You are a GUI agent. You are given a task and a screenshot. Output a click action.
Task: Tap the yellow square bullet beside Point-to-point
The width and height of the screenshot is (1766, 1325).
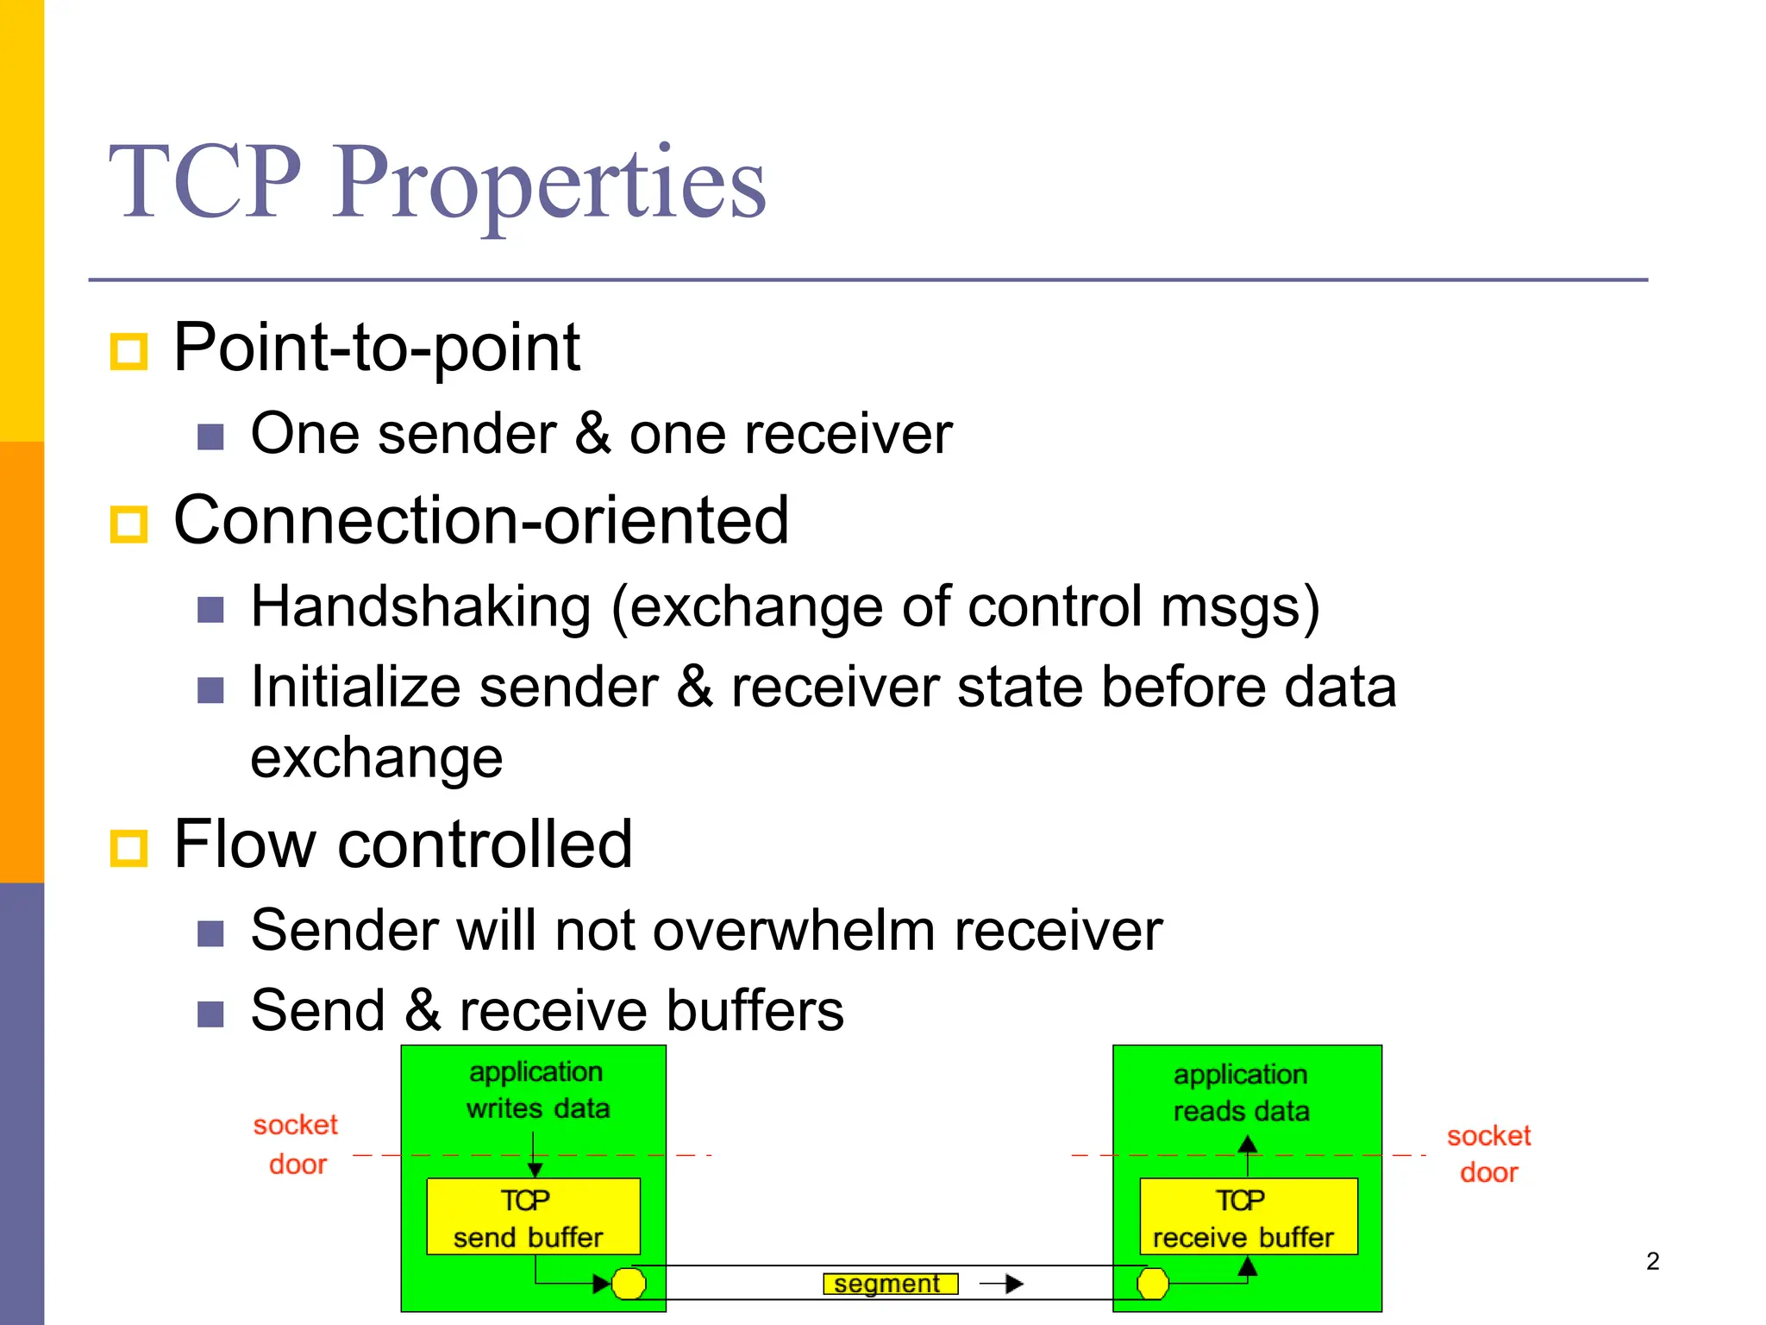click(x=129, y=351)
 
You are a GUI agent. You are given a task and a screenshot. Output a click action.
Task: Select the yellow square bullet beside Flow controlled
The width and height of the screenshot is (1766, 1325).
click(x=129, y=847)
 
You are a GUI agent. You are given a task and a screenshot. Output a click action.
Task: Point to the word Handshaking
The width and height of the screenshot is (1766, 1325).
click(x=421, y=607)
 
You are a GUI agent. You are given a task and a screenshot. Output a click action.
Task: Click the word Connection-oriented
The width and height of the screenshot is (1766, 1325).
click(x=481, y=521)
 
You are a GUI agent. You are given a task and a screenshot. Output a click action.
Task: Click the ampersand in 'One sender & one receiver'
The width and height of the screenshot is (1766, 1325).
click(x=592, y=434)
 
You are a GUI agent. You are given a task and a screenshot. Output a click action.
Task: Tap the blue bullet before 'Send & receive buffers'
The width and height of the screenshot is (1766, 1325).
click(x=210, y=1014)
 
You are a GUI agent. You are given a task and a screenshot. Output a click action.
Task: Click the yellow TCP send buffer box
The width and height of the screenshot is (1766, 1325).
click(x=533, y=1216)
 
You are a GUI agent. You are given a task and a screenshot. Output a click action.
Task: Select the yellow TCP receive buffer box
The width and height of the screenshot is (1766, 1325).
click(x=1248, y=1216)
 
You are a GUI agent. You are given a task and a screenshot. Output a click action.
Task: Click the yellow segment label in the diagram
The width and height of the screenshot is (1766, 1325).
click(x=890, y=1284)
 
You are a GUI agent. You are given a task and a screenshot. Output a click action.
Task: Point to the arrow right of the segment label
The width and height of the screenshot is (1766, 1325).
click(x=1002, y=1284)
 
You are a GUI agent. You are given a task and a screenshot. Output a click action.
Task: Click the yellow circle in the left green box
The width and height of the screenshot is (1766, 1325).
click(x=629, y=1284)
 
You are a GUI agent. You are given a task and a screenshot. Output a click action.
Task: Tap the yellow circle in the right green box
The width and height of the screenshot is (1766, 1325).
click(x=1152, y=1284)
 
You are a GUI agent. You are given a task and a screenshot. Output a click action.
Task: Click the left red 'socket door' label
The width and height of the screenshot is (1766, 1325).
click(x=296, y=1144)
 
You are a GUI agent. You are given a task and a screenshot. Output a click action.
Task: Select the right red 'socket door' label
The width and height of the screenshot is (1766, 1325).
click(x=1488, y=1153)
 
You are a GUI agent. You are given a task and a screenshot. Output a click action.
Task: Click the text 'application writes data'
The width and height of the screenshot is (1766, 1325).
click(x=537, y=1090)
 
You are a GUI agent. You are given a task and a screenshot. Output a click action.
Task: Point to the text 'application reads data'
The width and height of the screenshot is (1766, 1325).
click(x=1241, y=1092)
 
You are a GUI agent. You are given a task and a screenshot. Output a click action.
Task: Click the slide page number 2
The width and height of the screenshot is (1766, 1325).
click(x=1652, y=1261)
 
